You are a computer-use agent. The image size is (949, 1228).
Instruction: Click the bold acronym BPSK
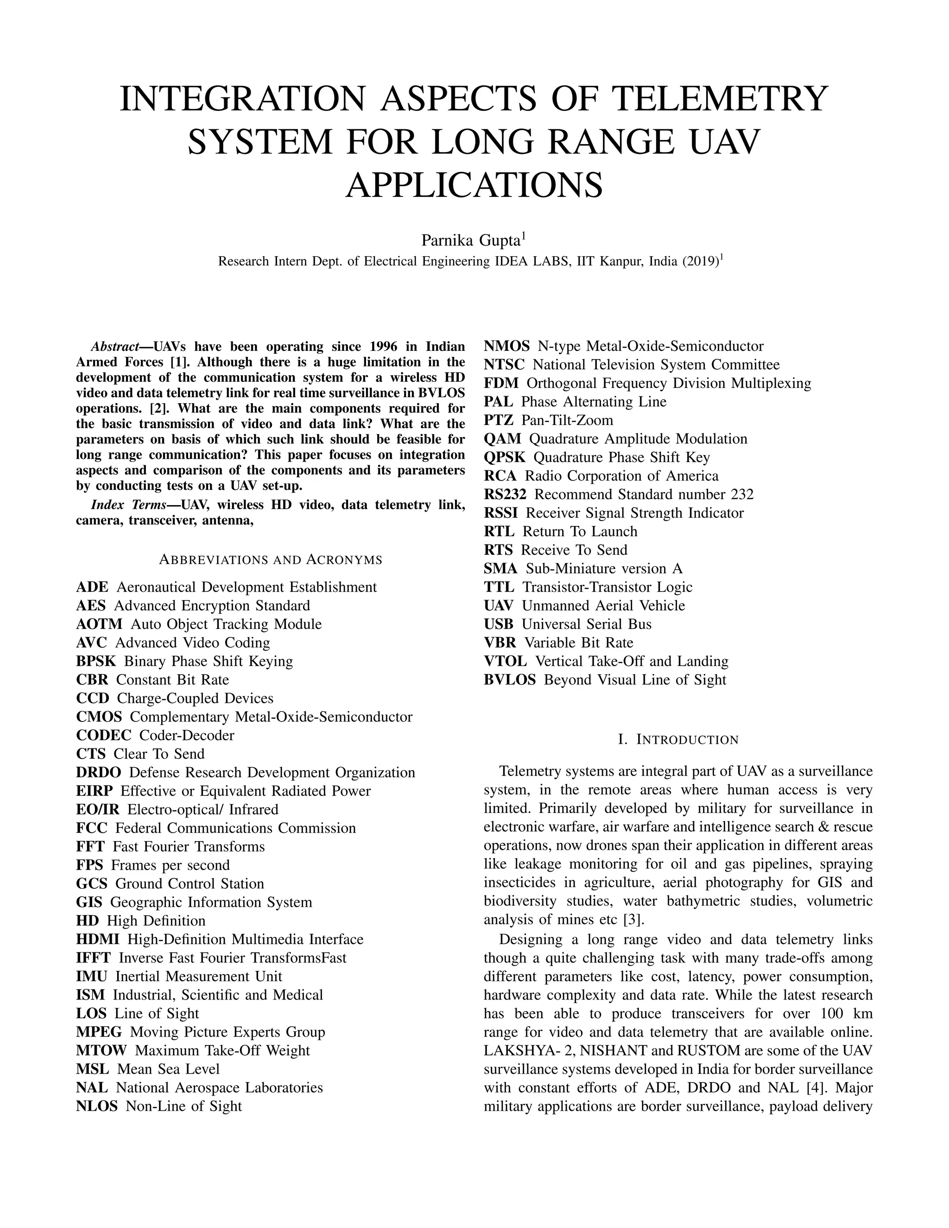click(95, 661)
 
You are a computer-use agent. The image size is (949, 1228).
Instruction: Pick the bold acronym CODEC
click(103, 735)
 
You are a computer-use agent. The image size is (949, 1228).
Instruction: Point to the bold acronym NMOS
click(506, 346)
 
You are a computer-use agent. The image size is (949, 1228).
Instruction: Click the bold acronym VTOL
click(505, 661)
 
